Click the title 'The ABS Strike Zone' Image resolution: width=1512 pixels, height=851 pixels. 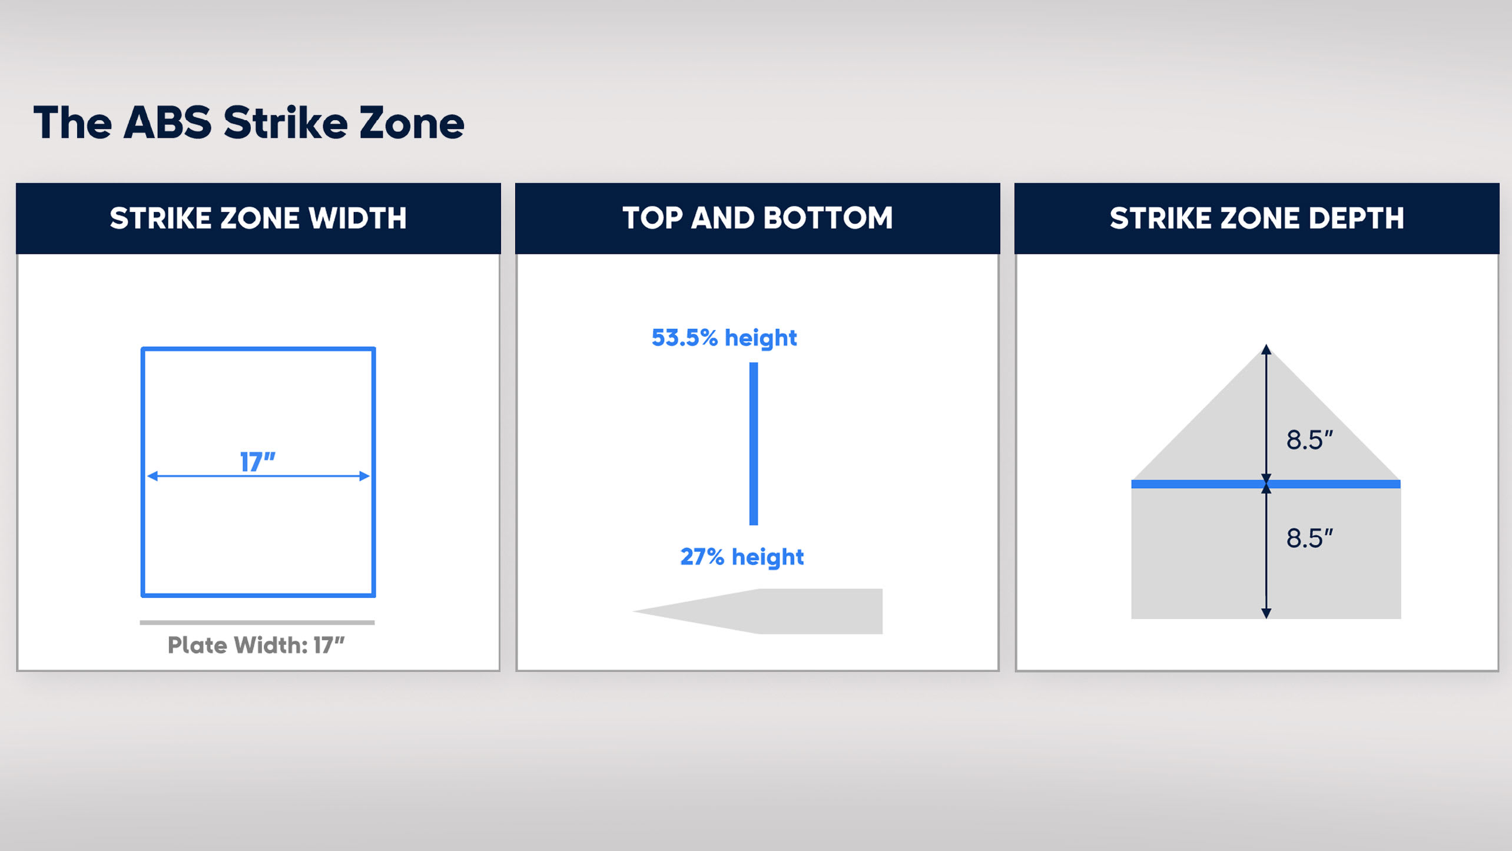pos(249,122)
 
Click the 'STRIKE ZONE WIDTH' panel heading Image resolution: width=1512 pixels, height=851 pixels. pos(258,218)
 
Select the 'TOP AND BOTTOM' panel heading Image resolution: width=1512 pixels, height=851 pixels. pos(758,218)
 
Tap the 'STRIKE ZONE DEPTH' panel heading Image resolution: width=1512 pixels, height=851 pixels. pos(1257,218)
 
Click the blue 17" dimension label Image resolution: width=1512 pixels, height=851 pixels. pos(258,462)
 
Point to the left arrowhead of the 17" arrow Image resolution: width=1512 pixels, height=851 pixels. pos(152,476)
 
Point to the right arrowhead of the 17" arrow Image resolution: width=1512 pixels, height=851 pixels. pos(365,476)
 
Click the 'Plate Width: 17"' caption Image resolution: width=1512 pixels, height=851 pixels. pos(256,645)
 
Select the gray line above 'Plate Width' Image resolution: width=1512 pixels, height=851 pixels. pos(257,622)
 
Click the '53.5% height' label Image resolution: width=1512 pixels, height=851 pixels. pos(724,338)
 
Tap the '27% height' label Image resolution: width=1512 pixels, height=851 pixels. pos(742,557)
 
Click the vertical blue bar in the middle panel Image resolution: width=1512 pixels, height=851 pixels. pos(754,443)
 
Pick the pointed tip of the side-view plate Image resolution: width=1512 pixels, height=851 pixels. pos(634,611)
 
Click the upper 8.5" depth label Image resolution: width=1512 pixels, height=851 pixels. pos(1309,440)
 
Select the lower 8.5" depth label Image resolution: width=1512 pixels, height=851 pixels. pos(1309,538)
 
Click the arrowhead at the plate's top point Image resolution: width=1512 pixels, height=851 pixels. pos(1266,349)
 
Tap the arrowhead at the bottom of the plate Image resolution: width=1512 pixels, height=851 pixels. pos(1266,613)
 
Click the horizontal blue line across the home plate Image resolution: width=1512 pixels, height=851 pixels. pos(1266,484)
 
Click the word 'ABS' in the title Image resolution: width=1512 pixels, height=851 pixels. pos(168,122)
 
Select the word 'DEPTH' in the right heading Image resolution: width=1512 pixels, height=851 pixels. pos(1357,218)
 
